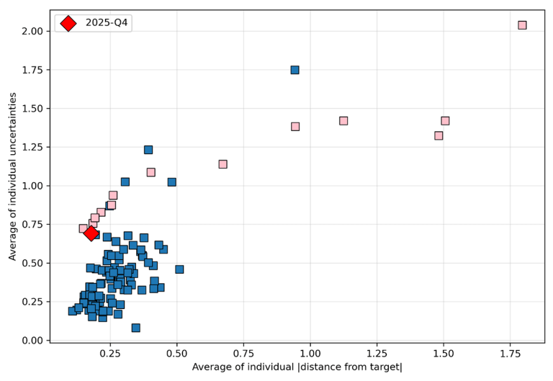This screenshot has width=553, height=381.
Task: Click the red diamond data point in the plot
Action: tap(91, 233)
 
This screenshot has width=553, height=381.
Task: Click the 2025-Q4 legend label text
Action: tap(107, 23)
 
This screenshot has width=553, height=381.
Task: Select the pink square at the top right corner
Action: tap(522, 25)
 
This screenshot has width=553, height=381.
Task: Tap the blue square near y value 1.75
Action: tap(295, 70)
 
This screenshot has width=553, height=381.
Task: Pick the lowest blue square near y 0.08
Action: tap(135, 328)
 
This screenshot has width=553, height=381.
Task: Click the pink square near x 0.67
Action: tap(222, 164)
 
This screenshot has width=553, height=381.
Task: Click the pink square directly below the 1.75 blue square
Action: tap(295, 127)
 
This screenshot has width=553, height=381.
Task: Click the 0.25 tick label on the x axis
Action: tap(110, 354)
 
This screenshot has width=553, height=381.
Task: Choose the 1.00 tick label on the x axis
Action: tap(310, 354)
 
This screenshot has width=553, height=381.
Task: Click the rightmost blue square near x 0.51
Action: tap(179, 269)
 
